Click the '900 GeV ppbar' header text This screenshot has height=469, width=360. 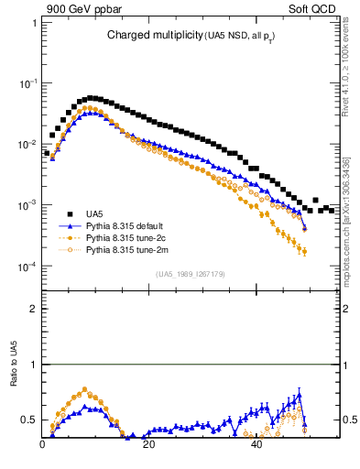[79, 8]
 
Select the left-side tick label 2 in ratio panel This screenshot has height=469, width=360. [34, 309]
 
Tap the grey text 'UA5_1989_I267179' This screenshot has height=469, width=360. [191, 274]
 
